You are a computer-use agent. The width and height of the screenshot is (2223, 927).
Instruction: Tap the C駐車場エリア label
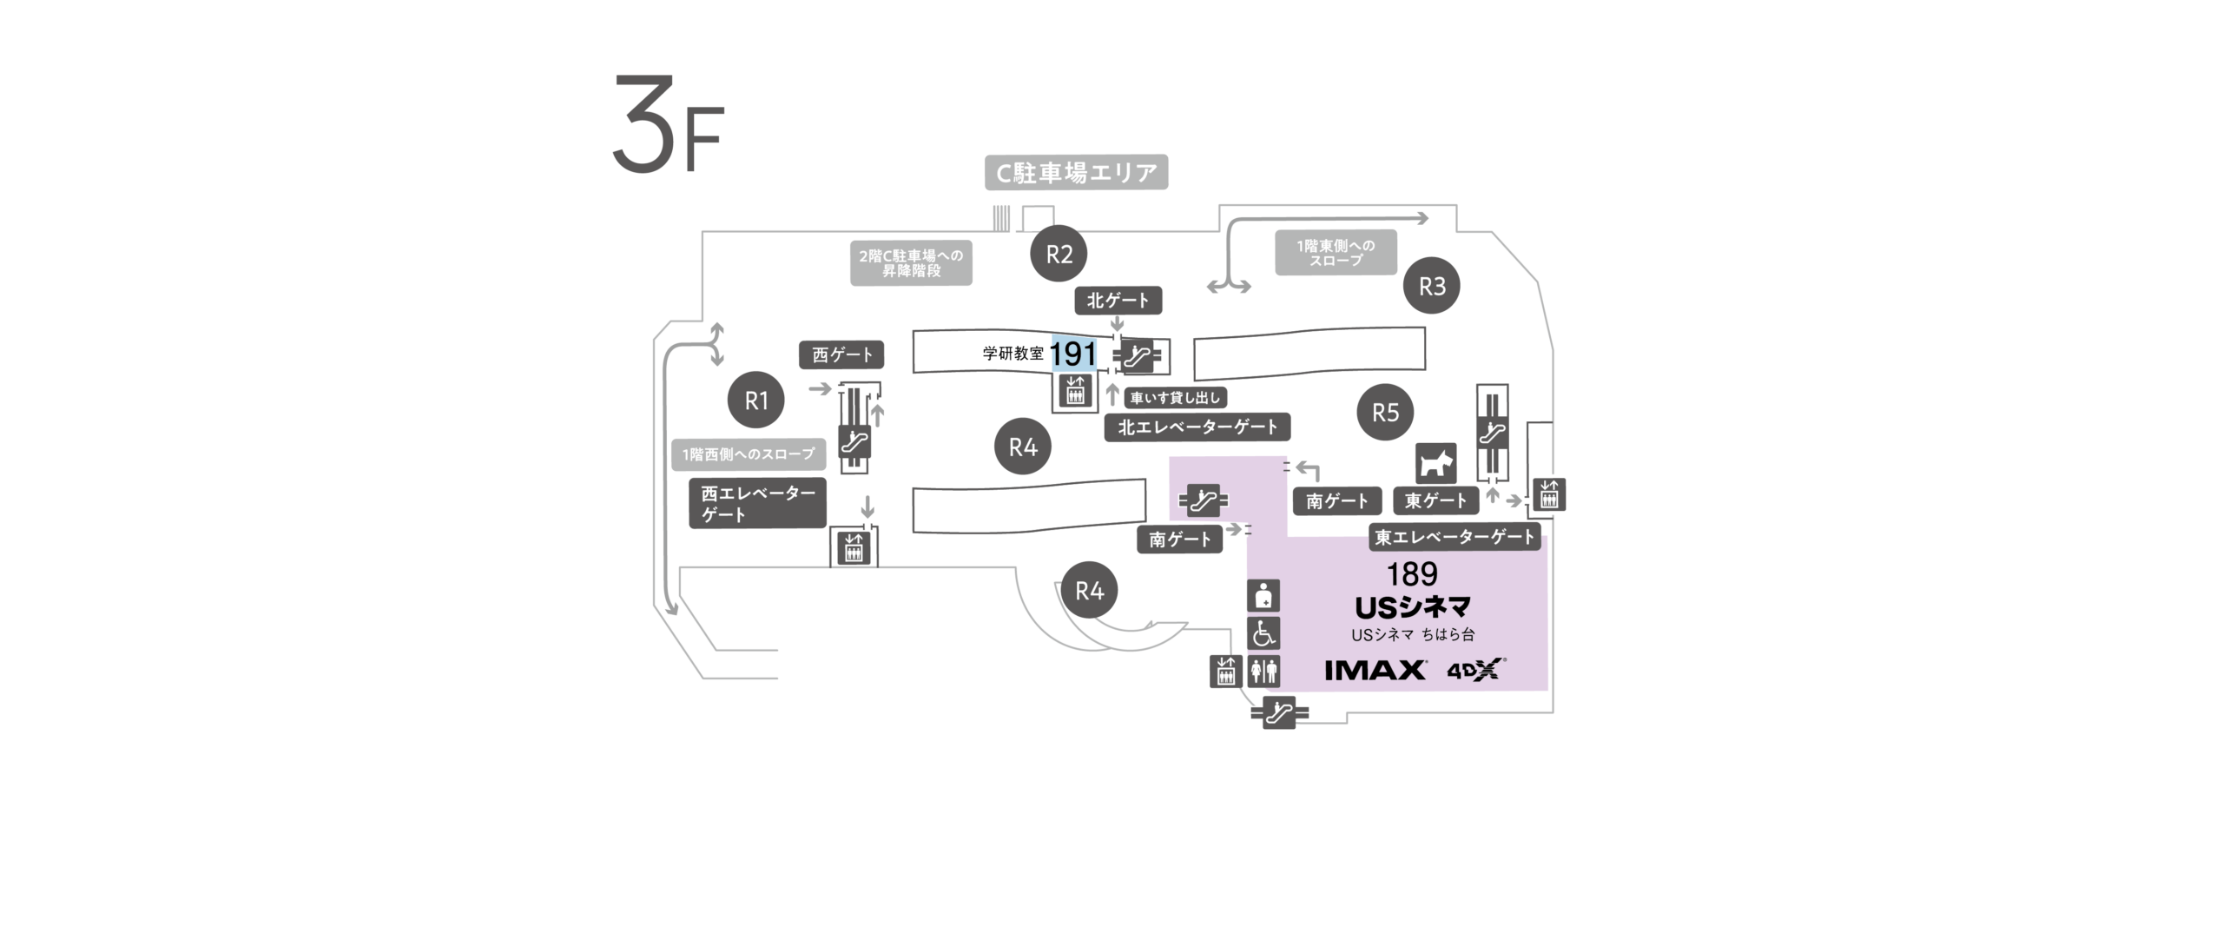[1077, 173]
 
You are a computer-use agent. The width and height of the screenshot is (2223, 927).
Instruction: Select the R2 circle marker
[1059, 255]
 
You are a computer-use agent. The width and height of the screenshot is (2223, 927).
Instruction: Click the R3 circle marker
[1432, 286]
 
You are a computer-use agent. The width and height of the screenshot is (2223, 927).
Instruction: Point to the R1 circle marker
[756, 401]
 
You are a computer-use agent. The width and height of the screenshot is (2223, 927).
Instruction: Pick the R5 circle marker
[1385, 412]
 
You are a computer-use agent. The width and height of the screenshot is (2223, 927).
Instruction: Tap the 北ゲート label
[1118, 301]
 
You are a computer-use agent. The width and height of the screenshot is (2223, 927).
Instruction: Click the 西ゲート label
[841, 355]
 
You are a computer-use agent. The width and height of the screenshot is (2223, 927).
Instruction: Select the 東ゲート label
[1436, 500]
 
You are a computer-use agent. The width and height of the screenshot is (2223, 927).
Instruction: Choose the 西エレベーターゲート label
[758, 504]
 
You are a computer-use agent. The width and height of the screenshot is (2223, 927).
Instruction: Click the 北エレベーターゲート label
[1197, 427]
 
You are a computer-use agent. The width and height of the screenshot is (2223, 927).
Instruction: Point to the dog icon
[1436, 464]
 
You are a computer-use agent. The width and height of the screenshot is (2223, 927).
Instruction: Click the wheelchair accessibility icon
[1263, 633]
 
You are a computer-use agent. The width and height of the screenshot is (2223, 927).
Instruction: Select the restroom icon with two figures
[1263, 671]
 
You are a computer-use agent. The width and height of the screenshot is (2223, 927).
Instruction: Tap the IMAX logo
[1375, 670]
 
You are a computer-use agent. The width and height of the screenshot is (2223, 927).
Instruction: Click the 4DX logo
[1475, 671]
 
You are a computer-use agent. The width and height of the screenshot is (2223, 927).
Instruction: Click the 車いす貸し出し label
[1175, 399]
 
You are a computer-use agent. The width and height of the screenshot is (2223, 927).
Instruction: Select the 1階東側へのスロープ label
[1336, 253]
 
